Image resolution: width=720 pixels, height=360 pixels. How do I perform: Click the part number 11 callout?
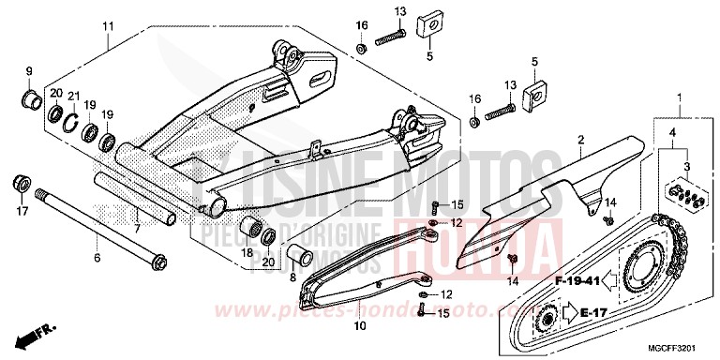tap(108, 24)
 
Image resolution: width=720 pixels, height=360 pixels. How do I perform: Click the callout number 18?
tap(247, 253)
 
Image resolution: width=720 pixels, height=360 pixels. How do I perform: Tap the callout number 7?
tap(138, 228)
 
